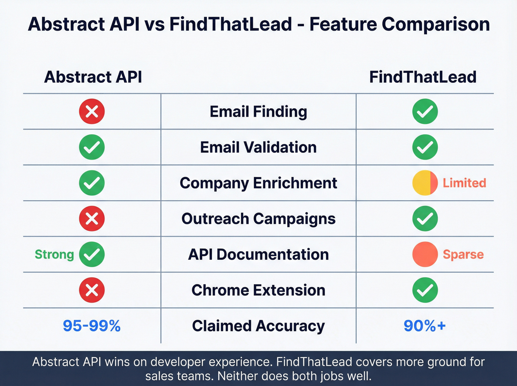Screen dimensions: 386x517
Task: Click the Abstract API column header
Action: [93, 77]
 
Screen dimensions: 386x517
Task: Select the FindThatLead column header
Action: [423, 77]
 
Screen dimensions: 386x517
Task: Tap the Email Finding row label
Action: [258, 112]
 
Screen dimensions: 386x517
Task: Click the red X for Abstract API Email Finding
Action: [92, 112]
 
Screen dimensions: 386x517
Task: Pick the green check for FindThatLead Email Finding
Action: [425, 112]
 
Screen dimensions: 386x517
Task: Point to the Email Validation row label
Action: [258, 147]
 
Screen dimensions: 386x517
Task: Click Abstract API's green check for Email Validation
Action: [92, 147]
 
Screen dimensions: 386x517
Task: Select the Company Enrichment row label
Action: [258, 183]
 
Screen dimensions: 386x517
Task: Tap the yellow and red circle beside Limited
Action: [425, 183]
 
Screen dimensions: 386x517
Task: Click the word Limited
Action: [464, 183]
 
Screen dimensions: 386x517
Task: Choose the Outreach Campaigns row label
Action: [258, 219]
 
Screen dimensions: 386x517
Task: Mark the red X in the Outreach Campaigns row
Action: [92, 219]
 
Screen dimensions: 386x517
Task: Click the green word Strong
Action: [54, 255]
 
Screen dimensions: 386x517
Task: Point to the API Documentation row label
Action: [258, 255]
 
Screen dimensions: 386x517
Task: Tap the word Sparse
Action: [463, 255]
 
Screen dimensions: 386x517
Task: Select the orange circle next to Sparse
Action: [425, 255]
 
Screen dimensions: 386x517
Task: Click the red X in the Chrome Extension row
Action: [92, 290]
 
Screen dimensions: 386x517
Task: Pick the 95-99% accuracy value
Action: [92, 326]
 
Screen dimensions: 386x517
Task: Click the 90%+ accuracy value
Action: [425, 326]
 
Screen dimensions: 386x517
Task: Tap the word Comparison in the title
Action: [436, 24]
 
